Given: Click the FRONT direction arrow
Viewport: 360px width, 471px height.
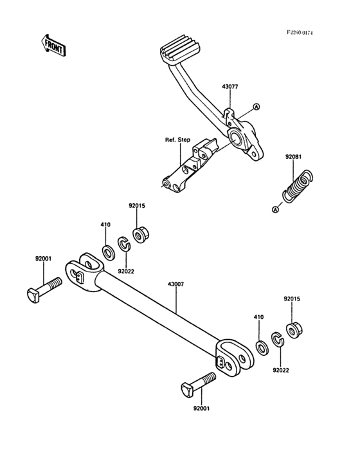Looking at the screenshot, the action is point(53,45).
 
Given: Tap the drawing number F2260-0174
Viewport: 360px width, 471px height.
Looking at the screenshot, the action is point(300,32).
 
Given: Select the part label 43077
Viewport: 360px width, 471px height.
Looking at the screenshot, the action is point(230,86).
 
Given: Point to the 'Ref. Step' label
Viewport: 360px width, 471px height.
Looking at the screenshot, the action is point(177,140).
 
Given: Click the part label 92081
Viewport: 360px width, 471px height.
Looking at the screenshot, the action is point(293,157).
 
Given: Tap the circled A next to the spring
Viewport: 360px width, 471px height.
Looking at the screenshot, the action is point(275,209).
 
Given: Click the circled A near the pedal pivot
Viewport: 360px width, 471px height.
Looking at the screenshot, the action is point(256,107).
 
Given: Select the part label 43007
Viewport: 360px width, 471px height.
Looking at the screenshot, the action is point(175,284).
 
